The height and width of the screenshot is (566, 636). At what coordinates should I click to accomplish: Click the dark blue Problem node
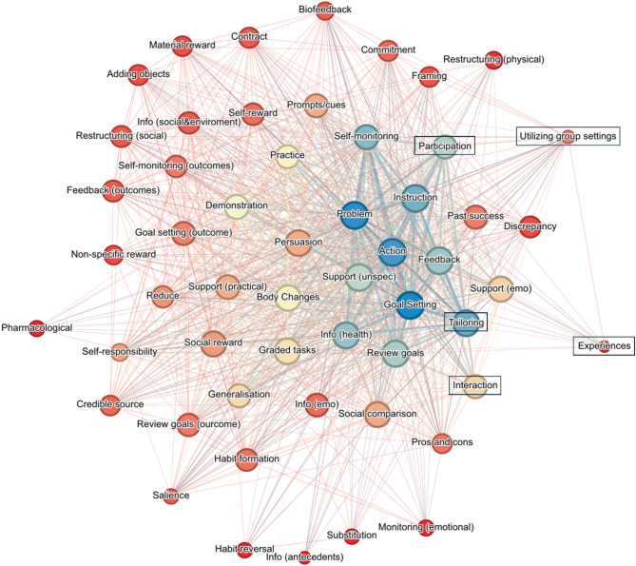353,216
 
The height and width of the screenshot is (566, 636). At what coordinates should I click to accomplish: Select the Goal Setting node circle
411,304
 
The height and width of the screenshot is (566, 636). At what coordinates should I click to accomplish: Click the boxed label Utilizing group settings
568,137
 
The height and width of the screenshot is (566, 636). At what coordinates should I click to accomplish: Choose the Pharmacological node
37,327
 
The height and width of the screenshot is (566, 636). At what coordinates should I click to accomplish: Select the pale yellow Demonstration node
238,205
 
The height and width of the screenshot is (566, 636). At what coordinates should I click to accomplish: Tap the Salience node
170,495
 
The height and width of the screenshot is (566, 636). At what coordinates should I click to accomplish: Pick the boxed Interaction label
474,385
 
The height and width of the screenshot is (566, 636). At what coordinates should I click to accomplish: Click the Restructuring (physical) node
492,60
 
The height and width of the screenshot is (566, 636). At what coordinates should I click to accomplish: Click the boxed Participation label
444,146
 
